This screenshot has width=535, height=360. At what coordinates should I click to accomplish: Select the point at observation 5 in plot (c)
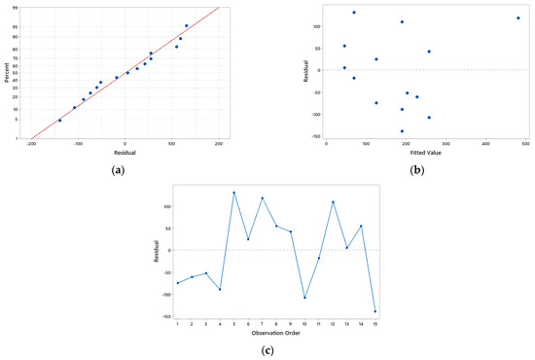234,193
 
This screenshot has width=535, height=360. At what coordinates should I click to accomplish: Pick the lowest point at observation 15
375,311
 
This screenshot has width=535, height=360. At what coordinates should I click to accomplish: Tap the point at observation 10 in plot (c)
304,298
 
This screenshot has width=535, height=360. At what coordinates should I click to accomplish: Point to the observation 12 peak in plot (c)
333,202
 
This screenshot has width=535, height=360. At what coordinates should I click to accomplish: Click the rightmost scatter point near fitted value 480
517,18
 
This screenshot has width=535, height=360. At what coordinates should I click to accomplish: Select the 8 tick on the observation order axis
276,324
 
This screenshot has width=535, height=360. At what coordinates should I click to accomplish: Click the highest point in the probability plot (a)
187,26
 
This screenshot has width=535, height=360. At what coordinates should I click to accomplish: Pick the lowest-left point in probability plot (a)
59,121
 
